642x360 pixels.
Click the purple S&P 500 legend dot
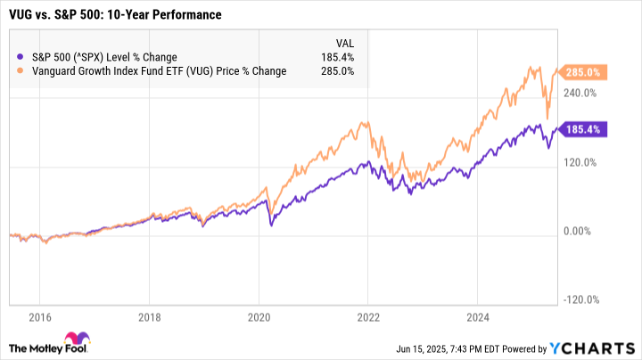coord(20,57)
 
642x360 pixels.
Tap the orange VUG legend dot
coord(20,71)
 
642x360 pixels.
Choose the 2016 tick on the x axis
coord(40,316)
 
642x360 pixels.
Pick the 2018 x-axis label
coord(150,316)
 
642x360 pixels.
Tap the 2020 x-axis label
coord(259,316)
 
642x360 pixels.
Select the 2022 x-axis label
coord(368,316)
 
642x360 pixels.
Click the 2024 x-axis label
coord(478,316)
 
